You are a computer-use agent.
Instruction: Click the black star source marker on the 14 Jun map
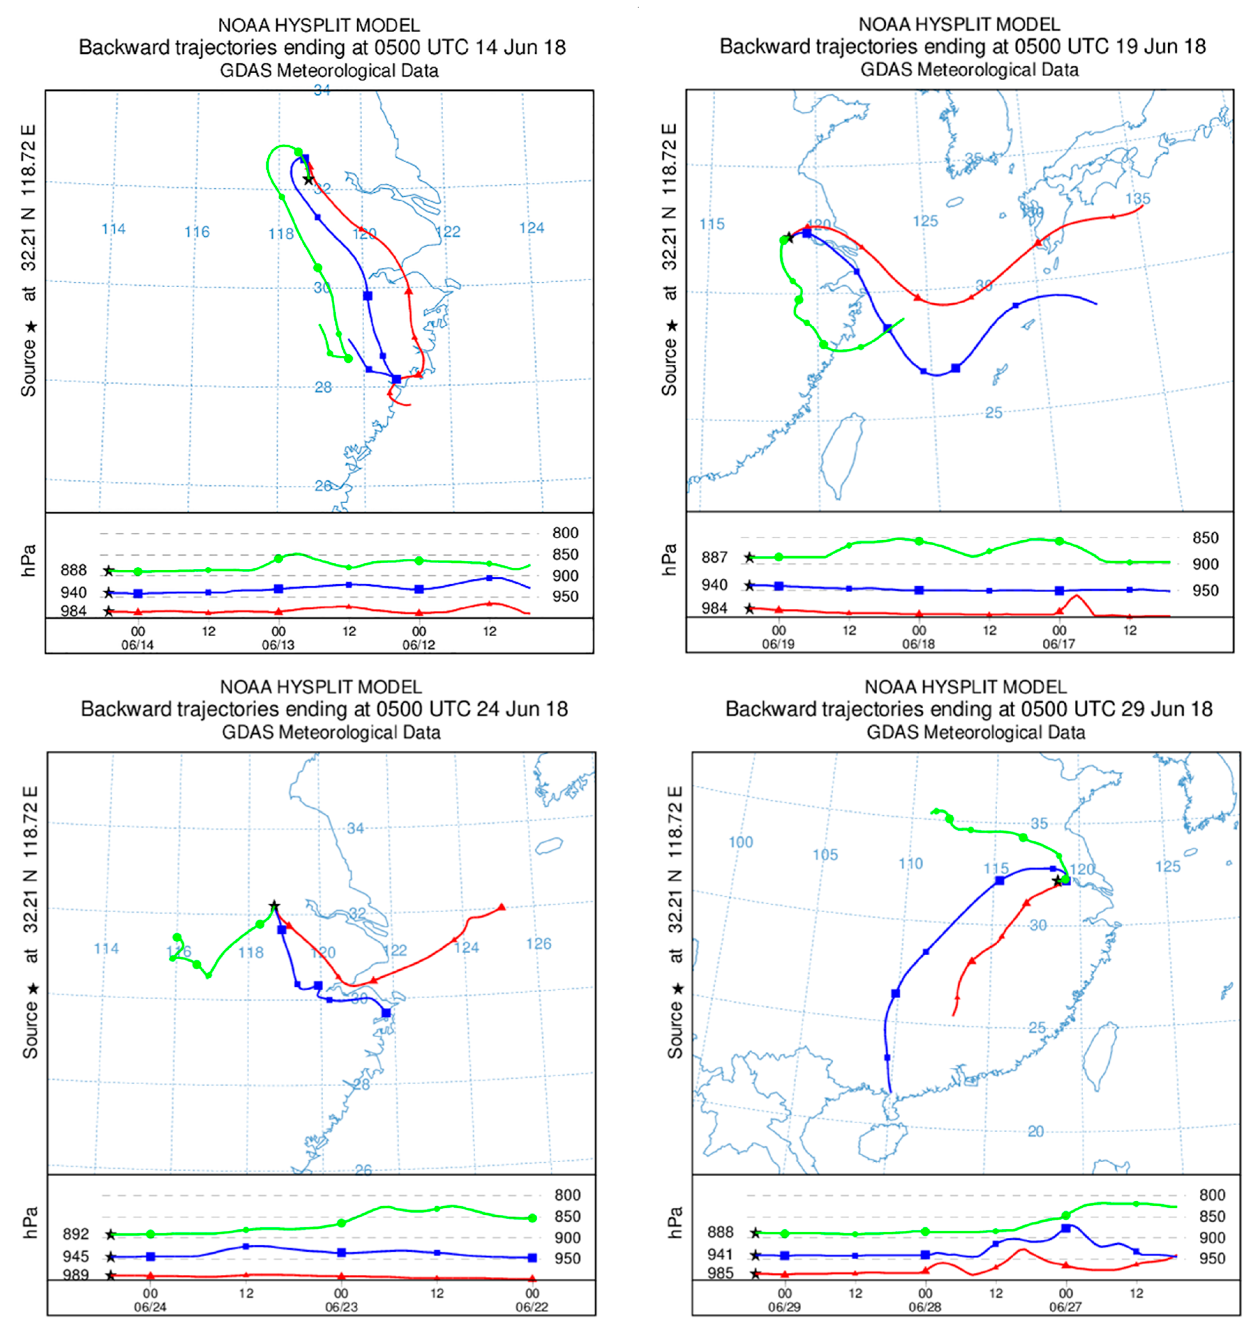click(308, 180)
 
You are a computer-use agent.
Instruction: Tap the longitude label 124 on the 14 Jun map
click(531, 228)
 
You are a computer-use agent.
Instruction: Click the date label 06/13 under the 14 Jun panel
click(278, 645)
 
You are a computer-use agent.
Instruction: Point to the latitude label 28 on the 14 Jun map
click(323, 387)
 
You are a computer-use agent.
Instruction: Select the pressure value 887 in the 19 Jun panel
click(714, 557)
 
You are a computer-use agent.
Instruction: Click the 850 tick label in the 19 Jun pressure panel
click(1205, 538)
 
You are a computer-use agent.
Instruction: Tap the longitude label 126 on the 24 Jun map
click(538, 944)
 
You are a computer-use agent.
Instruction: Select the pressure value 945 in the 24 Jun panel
click(76, 1257)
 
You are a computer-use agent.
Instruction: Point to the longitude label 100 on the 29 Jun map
click(741, 842)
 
